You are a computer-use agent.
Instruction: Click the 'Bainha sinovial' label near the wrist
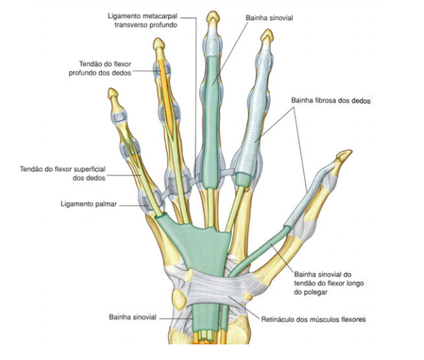pyautogui.click(x=132, y=317)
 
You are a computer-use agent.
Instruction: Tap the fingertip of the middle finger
pyautogui.click(x=213, y=15)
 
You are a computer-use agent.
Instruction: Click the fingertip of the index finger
pyautogui.click(x=269, y=35)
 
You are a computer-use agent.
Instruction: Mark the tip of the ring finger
pyautogui.click(x=159, y=44)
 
